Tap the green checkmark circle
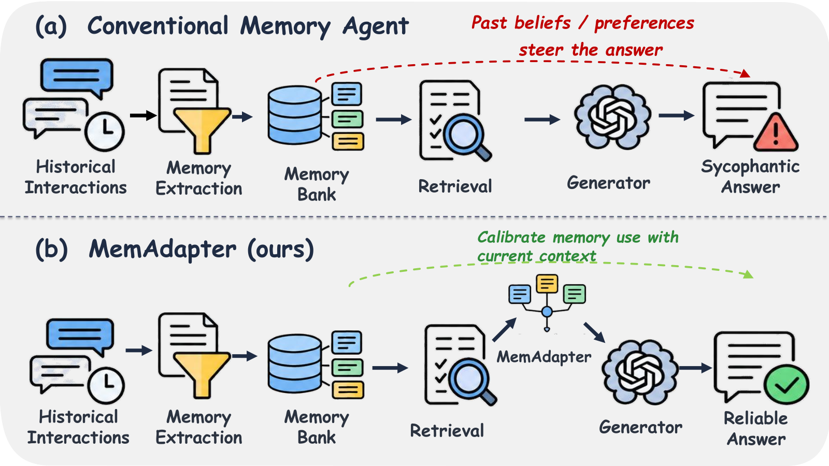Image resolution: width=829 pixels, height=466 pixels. [787, 385]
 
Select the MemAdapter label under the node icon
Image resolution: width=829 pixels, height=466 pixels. [544, 357]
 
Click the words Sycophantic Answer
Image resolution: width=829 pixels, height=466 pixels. [750, 177]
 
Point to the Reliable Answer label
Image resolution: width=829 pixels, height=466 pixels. [756, 429]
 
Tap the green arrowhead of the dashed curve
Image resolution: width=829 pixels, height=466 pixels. [748, 274]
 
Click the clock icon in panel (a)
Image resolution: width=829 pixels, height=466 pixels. [104, 132]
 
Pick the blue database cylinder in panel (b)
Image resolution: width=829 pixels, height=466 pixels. [295, 363]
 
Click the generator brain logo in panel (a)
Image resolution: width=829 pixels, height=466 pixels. [612, 117]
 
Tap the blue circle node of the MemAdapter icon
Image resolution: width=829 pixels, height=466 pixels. [547, 312]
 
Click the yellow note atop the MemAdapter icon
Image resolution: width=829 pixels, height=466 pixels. [547, 284]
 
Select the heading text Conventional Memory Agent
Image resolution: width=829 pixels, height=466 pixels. [248, 26]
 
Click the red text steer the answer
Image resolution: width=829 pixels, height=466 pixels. [591, 50]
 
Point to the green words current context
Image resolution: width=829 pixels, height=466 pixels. [537, 256]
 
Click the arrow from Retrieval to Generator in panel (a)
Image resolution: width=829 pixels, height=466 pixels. [542, 120]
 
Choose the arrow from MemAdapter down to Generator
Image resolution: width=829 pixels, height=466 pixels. [594, 332]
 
